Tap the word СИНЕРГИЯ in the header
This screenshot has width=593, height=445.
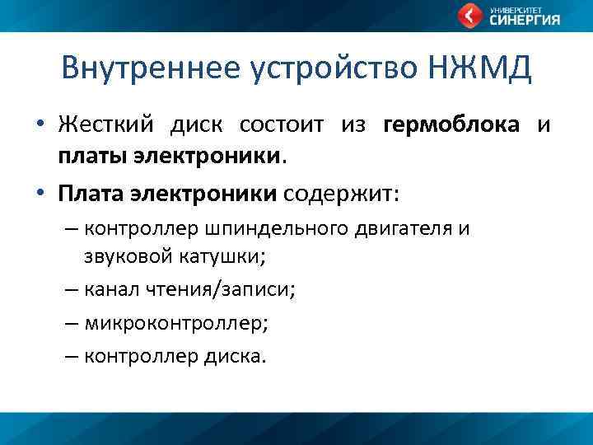click(x=525, y=21)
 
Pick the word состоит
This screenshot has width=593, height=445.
click(x=282, y=125)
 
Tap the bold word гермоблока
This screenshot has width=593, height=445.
click(x=451, y=125)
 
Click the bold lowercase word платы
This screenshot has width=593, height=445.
click(x=86, y=153)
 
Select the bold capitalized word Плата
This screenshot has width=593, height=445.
click(x=86, y=193)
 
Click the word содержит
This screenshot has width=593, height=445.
click(x=340, y=193)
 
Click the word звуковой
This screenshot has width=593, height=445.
click(x=127, y=255)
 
